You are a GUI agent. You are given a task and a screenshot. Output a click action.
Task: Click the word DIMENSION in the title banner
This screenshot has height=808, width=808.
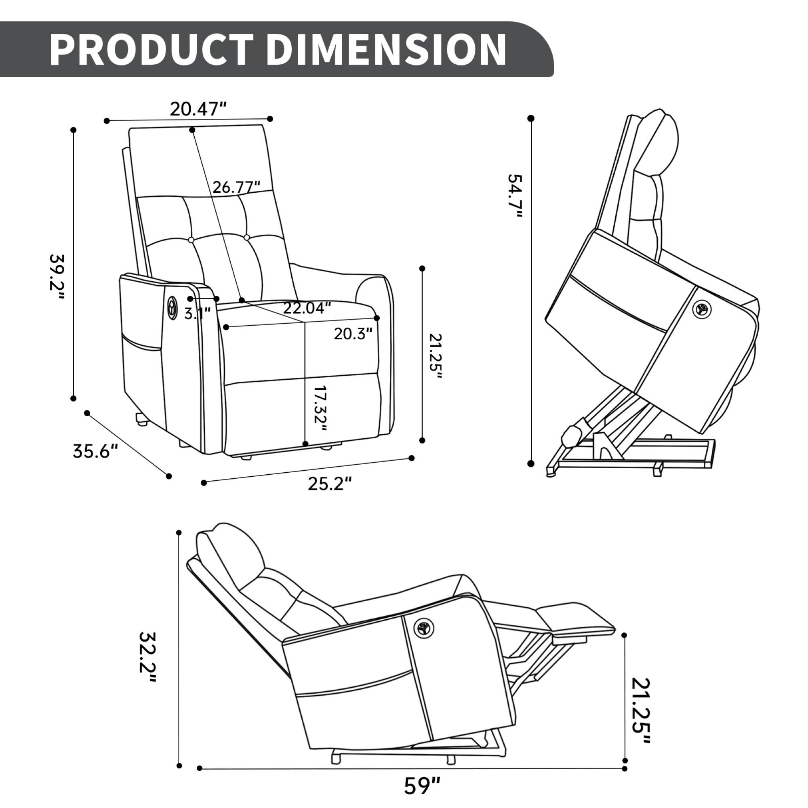(385, 49)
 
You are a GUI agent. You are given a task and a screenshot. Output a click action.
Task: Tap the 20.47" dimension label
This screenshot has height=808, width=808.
(198, 109)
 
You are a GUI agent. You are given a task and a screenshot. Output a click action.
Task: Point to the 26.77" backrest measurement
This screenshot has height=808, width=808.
(236, 187)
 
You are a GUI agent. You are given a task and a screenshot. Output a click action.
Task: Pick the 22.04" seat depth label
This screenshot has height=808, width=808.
(307, 308)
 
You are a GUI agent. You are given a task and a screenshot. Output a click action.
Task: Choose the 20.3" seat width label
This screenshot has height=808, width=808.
(353, 334)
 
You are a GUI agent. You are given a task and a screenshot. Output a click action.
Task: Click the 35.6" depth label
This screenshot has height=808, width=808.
(96, 451)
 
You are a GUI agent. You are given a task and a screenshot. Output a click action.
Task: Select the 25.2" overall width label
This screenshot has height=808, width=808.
(330, 484)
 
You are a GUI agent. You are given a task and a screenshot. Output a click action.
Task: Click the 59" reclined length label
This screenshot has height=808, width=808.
(423, 785)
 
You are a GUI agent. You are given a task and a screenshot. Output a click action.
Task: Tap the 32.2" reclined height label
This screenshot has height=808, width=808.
(147, 657)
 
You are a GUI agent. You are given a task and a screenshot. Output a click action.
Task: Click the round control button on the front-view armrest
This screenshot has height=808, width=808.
(172, 308)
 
